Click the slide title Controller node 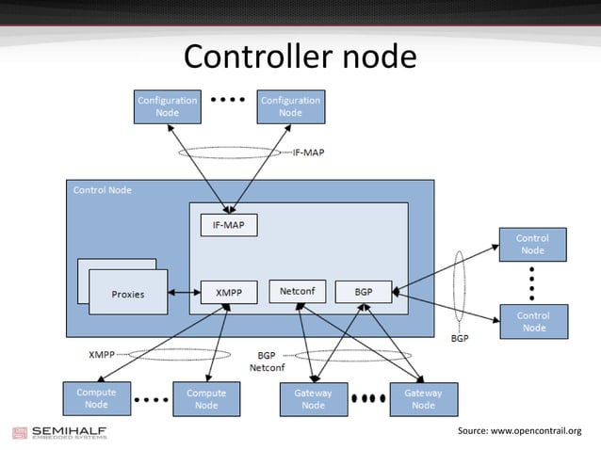(300, 57)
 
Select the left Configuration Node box (167, 106)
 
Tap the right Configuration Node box (290, 106)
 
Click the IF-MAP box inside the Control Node (228, 225)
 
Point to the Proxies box (127, 293)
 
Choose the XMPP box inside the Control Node (228, 293)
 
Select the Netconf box (298, 292)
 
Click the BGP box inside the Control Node (364, 293)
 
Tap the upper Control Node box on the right (532, 245)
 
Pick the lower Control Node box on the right (533, 321)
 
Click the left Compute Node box (96, 398)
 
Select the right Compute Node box (206, 398)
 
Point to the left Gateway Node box (313, 398)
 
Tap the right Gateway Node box (423, 398)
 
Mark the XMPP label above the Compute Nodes (102, 355)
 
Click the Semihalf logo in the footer (58, 433)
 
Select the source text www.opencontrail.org (519, 430)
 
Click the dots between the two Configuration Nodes (227, 99)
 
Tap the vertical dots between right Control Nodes (532, 282)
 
